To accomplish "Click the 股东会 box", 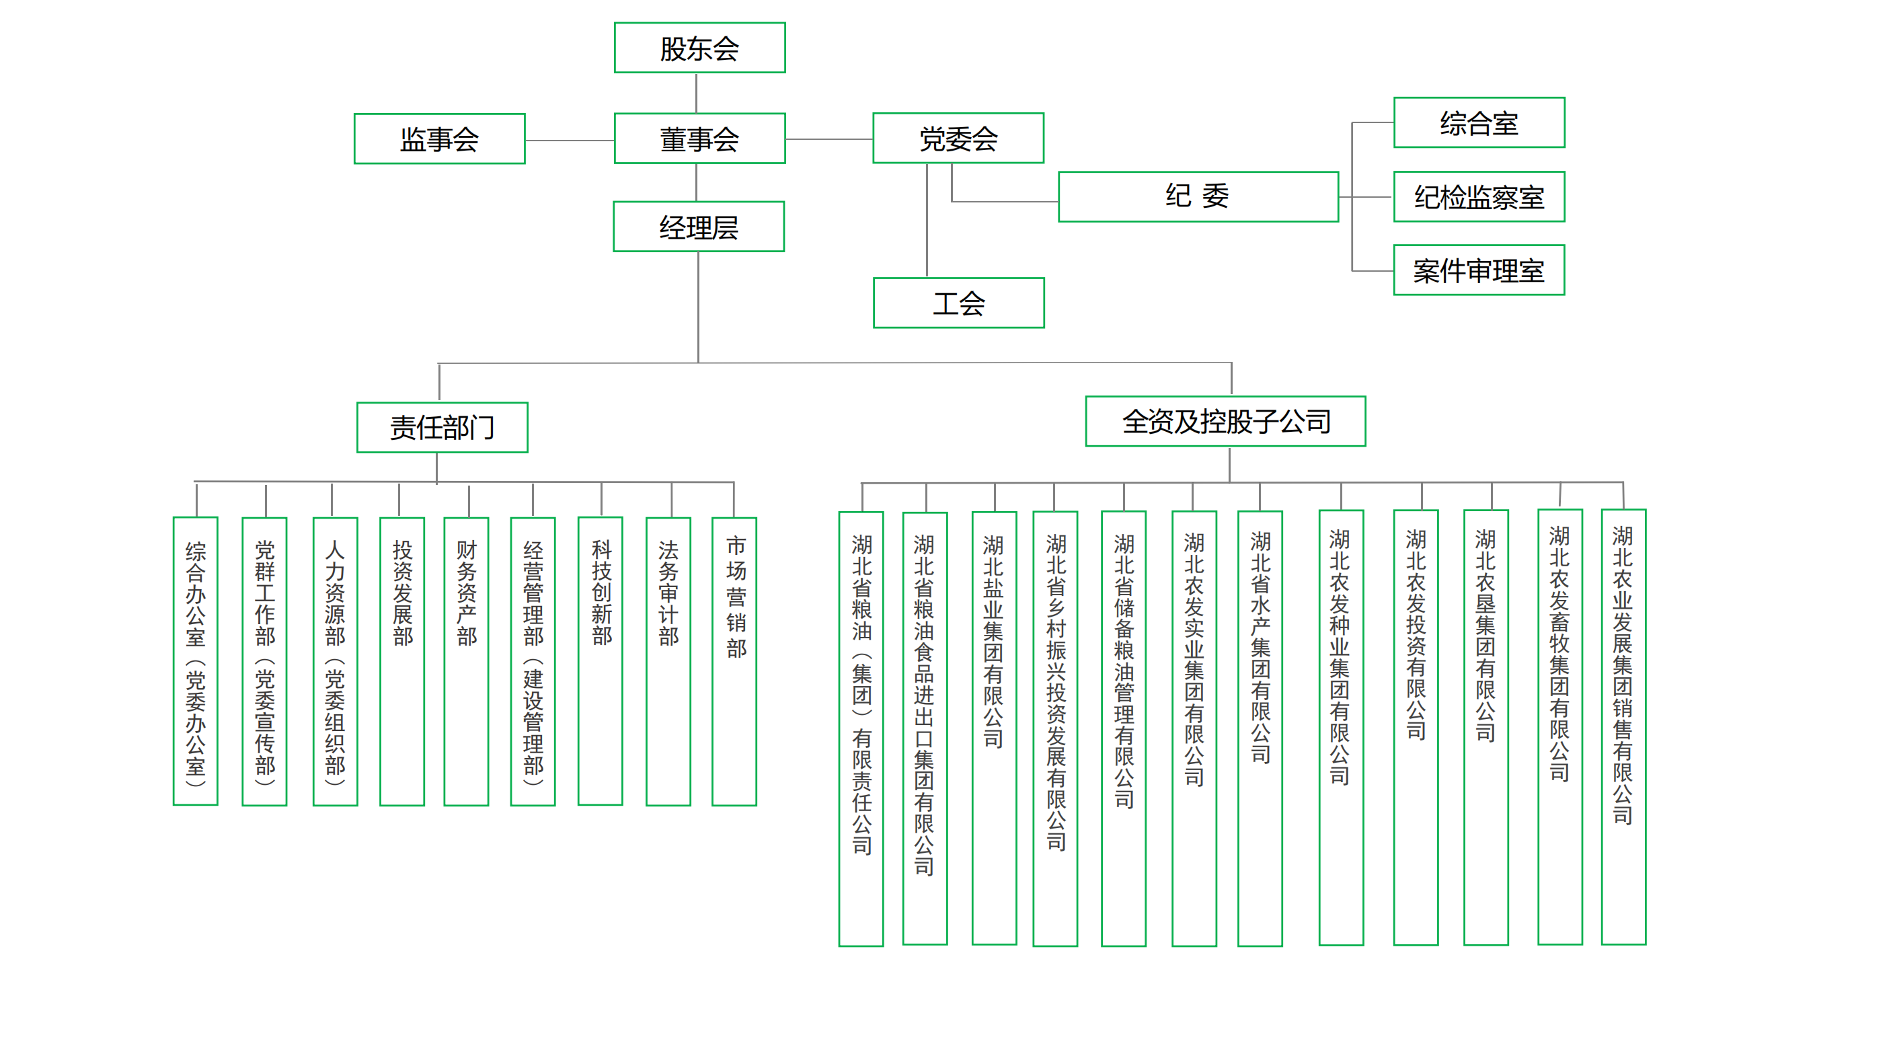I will point(699,48).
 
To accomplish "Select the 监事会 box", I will point(439,139).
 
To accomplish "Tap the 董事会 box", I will point(699,139).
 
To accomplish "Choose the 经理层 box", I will point(698,227).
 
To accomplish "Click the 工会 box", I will point(958,303).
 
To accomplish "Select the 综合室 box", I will point(1479,122).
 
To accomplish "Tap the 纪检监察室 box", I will point(1479,197).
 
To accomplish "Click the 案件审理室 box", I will point(1479,270).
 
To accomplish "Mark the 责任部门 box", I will point(442,427).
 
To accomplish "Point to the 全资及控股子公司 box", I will point(1225,422).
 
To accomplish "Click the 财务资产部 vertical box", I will point(466,661).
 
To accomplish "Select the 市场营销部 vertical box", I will point(734,661).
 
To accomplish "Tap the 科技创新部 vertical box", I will point(601,661).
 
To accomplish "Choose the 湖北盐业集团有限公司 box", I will point(994,727).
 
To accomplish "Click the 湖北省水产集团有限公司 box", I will point(1260,727).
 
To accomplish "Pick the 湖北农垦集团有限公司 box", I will point(1485,727).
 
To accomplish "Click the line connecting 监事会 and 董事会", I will point(570,141).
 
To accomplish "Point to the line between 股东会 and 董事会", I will point(696,93).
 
